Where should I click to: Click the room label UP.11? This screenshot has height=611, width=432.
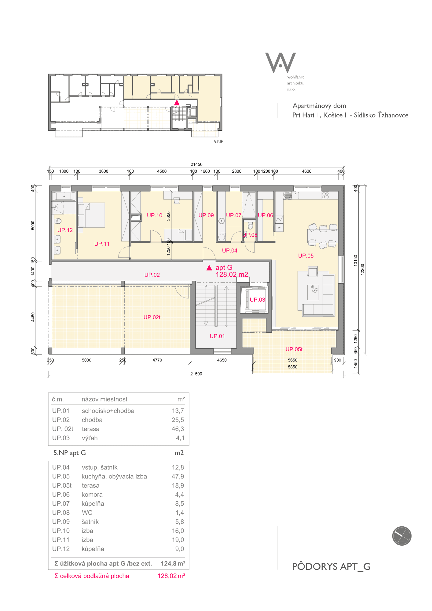102,244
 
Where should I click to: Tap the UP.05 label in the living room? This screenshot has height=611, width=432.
306,256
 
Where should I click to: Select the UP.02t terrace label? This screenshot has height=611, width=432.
152,317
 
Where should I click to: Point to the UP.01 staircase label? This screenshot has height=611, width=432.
217,336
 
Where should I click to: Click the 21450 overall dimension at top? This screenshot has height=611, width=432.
196,164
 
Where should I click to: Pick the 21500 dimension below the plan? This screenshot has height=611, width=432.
196,374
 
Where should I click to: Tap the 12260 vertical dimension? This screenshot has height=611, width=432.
362,269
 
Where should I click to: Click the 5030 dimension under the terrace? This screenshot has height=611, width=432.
86,360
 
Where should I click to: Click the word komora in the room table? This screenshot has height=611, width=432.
92,495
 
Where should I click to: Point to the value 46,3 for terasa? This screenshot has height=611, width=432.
178,429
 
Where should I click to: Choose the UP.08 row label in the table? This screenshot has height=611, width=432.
61,513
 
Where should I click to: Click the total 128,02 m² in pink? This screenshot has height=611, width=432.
171,576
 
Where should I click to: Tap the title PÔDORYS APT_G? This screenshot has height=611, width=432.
331,567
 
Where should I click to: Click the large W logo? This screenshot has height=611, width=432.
280,63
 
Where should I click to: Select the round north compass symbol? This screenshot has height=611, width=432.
402,536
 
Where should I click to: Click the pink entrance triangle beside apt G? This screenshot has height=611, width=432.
209,268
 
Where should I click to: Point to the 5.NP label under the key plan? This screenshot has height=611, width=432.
218,141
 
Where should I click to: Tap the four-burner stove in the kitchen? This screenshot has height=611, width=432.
325,195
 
